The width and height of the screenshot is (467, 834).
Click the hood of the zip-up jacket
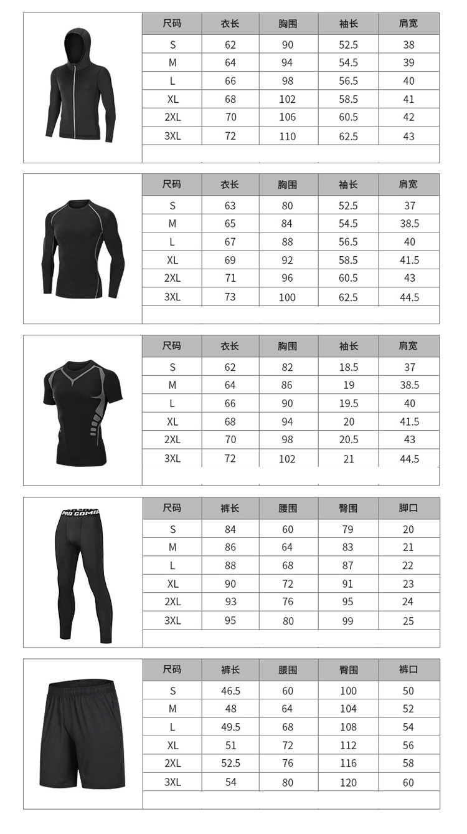[76, 44]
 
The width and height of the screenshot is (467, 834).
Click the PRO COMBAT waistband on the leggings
[80, 513]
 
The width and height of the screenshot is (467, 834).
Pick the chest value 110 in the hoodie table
[287, 136]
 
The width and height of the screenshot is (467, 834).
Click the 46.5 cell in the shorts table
[230, 691]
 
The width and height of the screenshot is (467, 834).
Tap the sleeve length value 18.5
[349, 367]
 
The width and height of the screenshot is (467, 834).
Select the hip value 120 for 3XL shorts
[348, 782]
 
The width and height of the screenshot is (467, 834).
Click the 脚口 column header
[408, 508]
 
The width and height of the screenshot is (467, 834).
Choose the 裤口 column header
[408, 669]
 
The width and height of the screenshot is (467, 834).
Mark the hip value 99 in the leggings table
[347, 621]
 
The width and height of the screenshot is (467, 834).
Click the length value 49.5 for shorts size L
[230, 727]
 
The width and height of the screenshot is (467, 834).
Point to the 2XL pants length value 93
[230, 602]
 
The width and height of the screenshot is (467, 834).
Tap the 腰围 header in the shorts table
[288, 669]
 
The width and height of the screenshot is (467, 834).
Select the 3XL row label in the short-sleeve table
[172, 458]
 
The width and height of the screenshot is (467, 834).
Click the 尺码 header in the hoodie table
[172, 24]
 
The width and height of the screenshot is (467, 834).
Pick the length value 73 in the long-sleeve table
[230, 297]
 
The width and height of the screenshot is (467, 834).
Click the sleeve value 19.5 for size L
[349, 403]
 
